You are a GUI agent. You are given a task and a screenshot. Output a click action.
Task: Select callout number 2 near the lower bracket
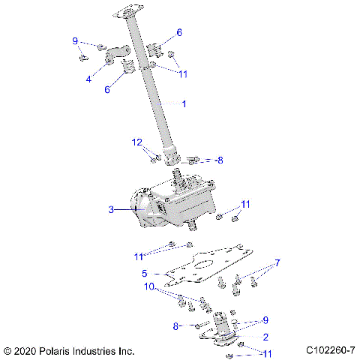click(265, 337)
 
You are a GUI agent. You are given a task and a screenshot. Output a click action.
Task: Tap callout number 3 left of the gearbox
click(112, 211)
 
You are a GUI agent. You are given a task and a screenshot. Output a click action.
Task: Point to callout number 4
click(88, 78)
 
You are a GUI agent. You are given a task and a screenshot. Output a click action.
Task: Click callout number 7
click(277, 264)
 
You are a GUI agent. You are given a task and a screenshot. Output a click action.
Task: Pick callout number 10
click(149, 286)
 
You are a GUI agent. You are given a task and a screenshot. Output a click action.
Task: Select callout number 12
click(136, 142)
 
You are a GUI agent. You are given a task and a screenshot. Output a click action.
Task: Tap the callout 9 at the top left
click(75, 40)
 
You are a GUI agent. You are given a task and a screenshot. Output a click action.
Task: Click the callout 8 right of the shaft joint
click(220, 160)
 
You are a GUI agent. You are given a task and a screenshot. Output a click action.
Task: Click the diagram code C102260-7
click(330, 350)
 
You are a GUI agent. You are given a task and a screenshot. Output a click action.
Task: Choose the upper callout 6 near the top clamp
click(178, 32)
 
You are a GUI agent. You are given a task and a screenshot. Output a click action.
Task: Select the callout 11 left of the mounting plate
click(138, 256)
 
